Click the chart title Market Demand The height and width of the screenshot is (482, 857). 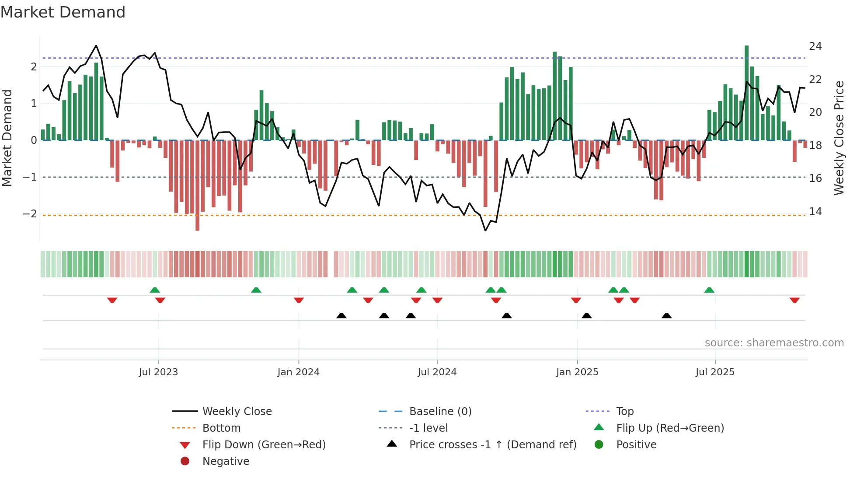click(x=63, y=12)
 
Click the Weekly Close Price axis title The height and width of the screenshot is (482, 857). click(x=839, y=138)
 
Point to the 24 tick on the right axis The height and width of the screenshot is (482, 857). click(x=815, y=46)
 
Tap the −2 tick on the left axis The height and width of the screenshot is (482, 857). click(x=30, y=214)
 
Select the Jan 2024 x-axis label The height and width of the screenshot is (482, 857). click(x=298, y=372)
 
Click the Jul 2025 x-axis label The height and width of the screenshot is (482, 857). click(x=715, y=372)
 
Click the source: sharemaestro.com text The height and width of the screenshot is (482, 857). click(x=774, y=343)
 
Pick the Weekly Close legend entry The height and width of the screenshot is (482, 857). click(x=237, y=412)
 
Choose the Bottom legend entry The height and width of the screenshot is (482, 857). click(x=221, y=428)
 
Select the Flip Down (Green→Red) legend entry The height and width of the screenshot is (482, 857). click(x=264, y=445)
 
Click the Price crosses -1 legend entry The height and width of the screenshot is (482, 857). click(x=492, y=445)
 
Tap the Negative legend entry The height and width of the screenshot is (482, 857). click(x=226, y=461)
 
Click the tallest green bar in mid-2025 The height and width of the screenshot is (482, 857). click(x=746, y=93)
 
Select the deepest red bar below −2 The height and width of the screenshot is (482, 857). click(x=197, y=185)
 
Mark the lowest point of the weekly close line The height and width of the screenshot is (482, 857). click(x=485, y=231)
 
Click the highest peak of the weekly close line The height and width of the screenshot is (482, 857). click(x=96, y=45)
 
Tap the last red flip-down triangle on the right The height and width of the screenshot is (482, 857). click(x=794, y=300)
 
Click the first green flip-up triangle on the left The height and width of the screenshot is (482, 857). click(x=155, y=290)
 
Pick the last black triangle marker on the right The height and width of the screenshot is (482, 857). click(x=666, y=315)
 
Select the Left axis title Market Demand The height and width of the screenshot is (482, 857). click(x=7, y=138)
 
